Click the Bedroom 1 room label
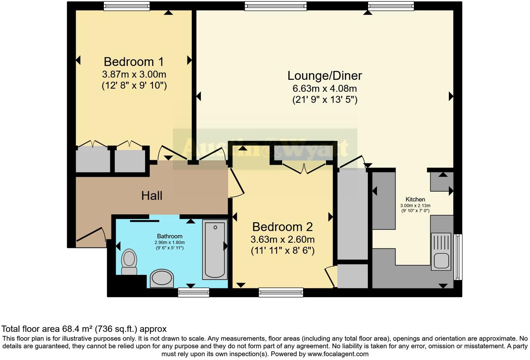click(134, 62)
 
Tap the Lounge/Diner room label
click(324, 76)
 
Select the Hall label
click(152, 196)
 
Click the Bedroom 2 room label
click(282, 227)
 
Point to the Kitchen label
click(415, 200)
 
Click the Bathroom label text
click(169, 237)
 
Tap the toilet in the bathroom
click(129, 262)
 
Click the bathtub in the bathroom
click(215, 249)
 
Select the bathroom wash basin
click(161, 278)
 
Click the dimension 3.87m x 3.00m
click(134, 74)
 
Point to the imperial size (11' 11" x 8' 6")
click(282, 251)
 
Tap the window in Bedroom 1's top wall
click(127, 6)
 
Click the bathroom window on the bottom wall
click(194, 292)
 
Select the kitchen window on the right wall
click(458, 257)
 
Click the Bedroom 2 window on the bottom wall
click(281, 292)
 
